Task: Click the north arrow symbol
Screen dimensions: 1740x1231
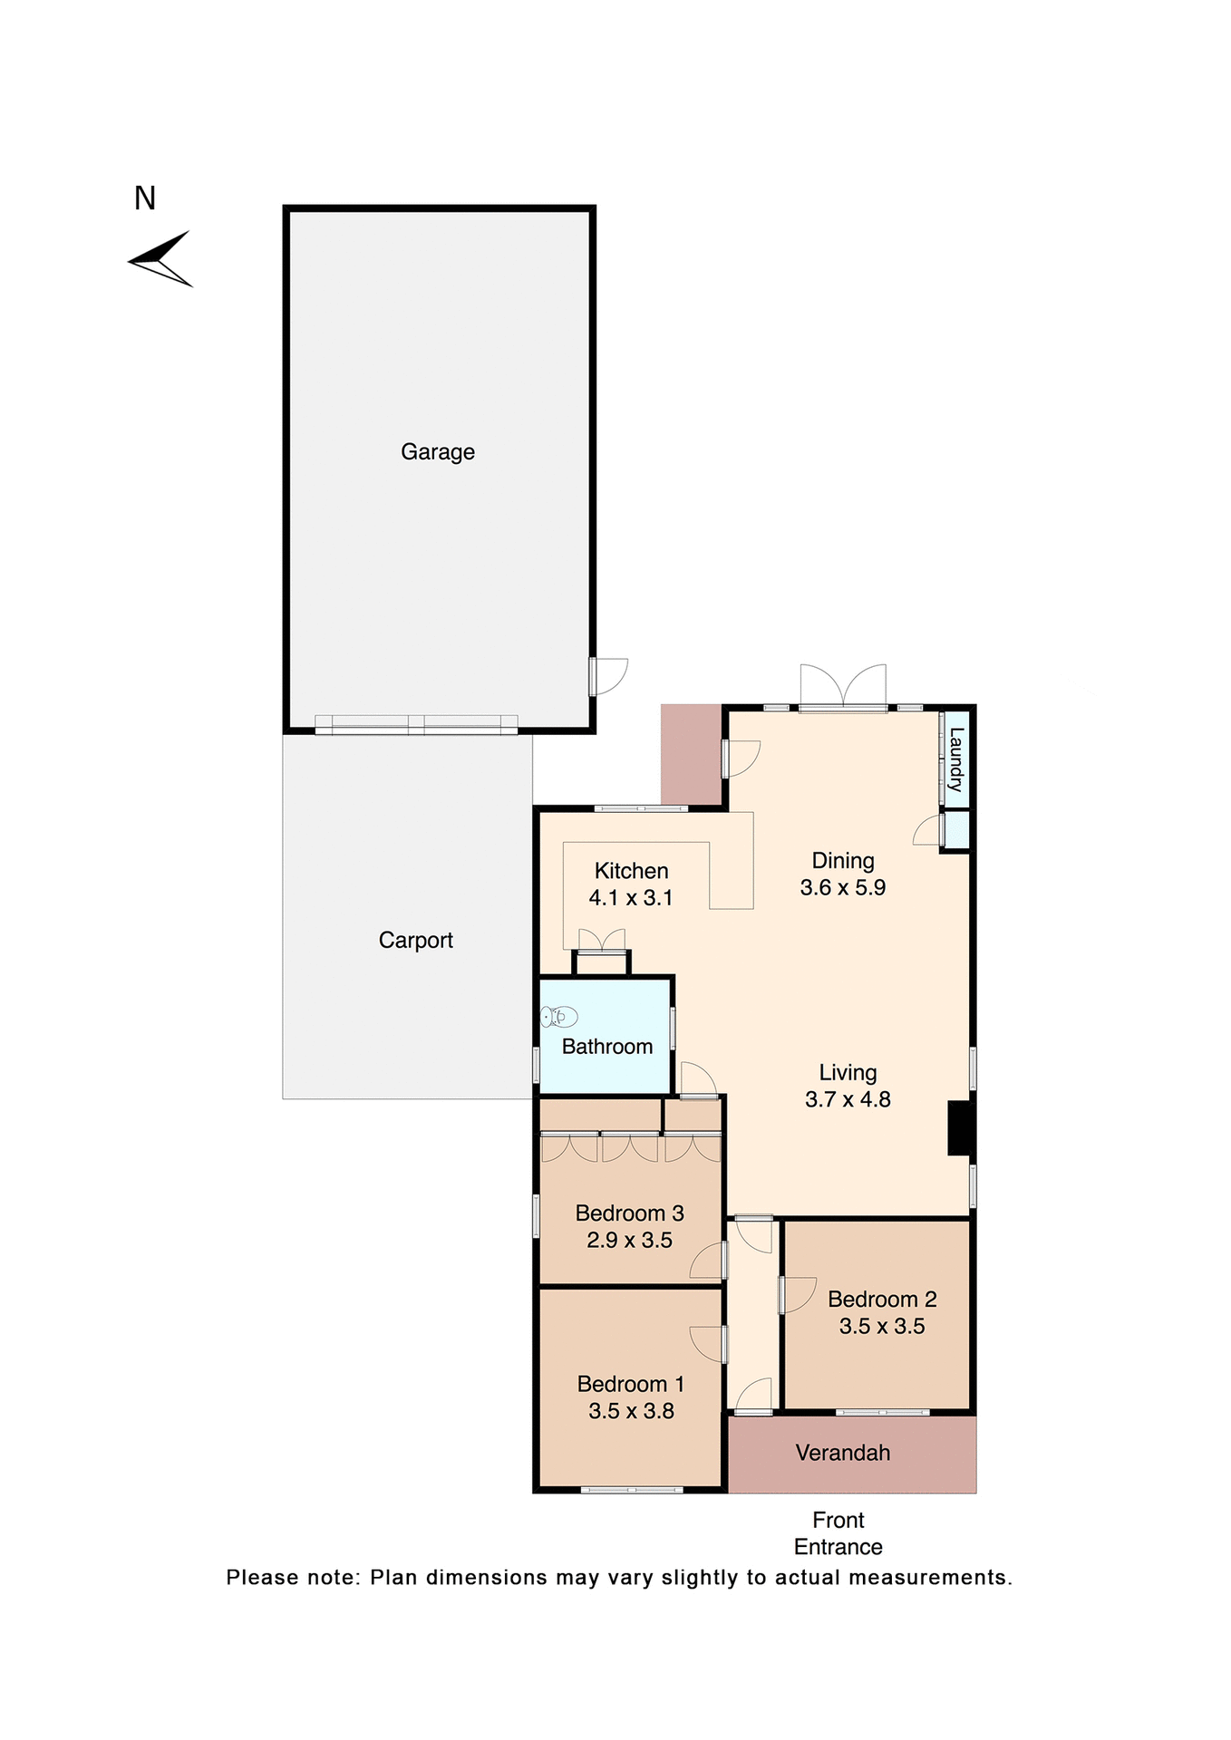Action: (161, 259)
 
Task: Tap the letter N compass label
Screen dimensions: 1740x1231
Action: (145, 198)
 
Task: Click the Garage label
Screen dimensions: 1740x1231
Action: (438, 451)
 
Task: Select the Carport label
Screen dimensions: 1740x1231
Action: (416, 940)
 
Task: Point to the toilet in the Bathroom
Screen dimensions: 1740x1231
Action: (558, 1017)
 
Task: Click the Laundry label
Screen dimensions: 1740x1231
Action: (955, 759)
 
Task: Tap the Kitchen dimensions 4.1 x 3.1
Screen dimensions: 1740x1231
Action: (631, 898)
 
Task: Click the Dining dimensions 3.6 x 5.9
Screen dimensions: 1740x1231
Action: (843, 888)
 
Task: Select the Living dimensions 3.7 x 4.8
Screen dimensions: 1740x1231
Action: (848, 1099)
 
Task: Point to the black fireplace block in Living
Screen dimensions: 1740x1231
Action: (959, 1128)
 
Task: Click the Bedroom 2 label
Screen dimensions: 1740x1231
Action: (882, 1299)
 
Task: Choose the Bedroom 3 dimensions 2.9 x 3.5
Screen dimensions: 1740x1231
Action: (629, 1240)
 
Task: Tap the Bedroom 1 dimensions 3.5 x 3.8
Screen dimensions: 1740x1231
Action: (631, 1411)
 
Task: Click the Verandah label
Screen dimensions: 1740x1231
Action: (843, 1453)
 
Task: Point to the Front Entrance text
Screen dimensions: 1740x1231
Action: (838, 1533)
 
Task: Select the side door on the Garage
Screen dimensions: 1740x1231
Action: (607, 676)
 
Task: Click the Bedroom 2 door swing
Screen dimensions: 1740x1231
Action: (799, 1295)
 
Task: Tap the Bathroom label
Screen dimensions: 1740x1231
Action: (607, 1047)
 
